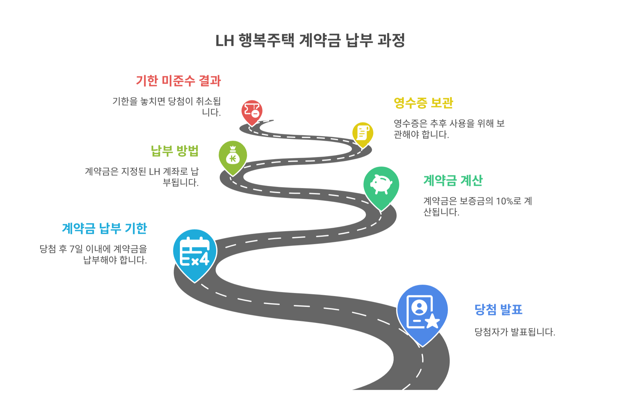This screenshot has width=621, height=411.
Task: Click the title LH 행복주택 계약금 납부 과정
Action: (310, 41)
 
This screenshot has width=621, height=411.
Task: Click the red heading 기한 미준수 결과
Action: (178, 81)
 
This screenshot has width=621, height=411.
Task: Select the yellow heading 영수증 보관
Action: (423, 103)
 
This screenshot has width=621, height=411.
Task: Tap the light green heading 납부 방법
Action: (175, 151)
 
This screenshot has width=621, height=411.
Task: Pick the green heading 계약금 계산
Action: (453, 181)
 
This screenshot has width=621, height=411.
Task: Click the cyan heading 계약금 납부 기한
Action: (104, 229)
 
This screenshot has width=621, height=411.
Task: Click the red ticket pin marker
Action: (252, 111)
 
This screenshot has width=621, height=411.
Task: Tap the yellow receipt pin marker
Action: (363, 133)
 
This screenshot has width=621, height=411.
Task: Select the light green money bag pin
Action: (233, 156)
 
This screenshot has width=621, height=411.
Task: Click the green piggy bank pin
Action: (381, 185)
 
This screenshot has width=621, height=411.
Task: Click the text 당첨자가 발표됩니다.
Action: (514, 332)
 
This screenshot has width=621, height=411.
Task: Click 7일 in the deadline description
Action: (76, 249)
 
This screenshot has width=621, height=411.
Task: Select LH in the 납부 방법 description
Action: (154, 172)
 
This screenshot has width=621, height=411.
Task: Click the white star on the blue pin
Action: (432, 321)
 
